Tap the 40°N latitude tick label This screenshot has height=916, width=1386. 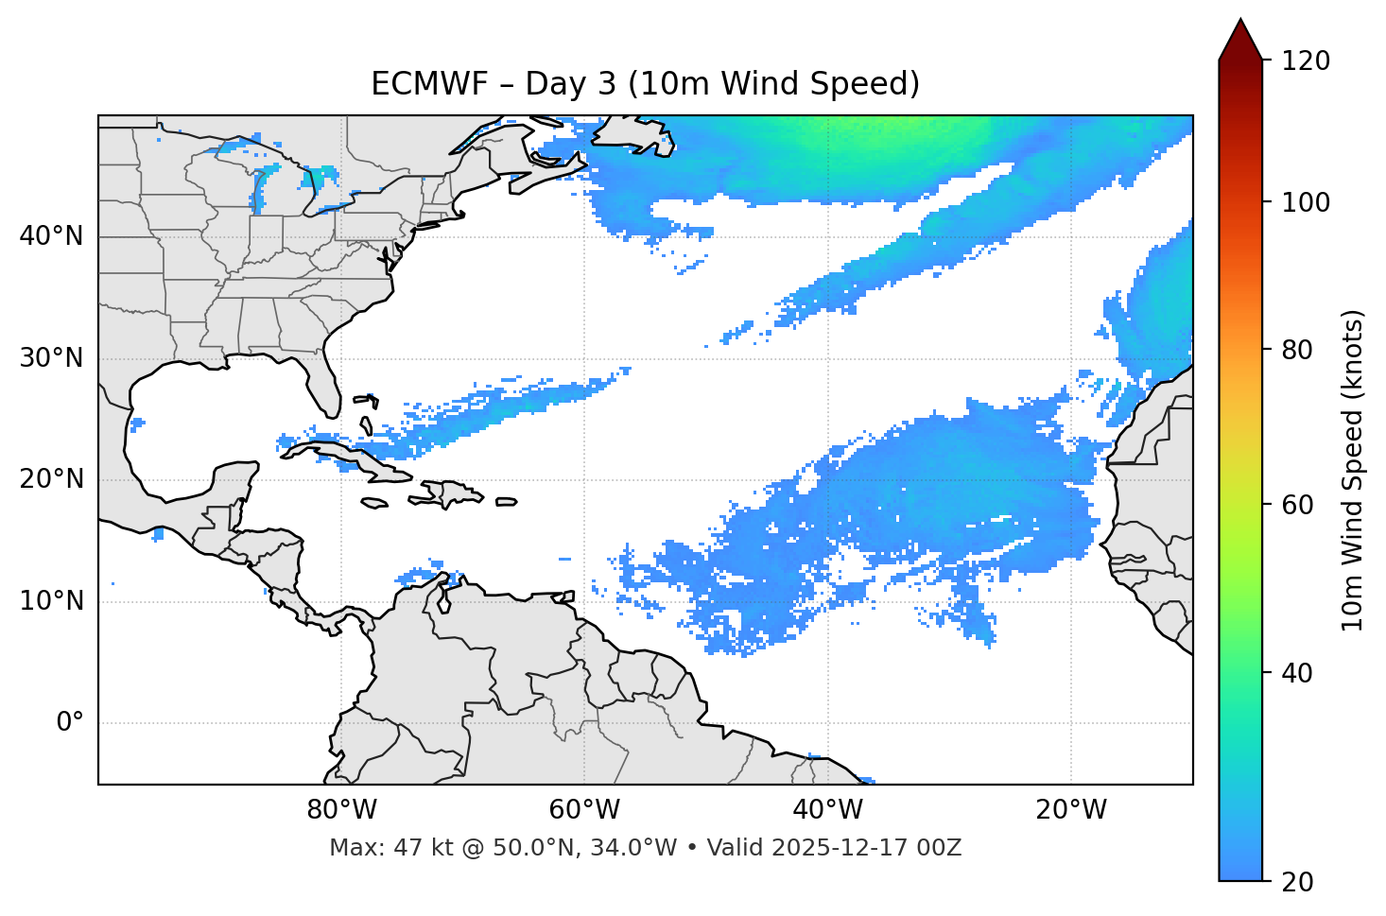click(51, 235)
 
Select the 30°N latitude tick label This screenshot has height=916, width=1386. click(51, 358)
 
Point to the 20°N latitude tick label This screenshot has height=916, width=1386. click(51, 479)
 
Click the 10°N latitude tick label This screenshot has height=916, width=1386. click(51, 601)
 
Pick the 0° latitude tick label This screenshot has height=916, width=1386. click(70, 723)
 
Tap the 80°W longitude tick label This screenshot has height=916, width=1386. click(341, 810)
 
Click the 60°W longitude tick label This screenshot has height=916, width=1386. click(583, 810)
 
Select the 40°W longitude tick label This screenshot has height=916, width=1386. click(826, 810)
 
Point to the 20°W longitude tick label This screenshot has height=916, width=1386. click(1070, 810)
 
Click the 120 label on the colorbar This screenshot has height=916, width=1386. click(1305, 60)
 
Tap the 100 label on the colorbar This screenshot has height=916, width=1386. click(1305, 202)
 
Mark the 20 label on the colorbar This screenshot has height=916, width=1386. click(1298, 882)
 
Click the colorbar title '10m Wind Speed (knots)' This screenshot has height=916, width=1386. click(1353, 470)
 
